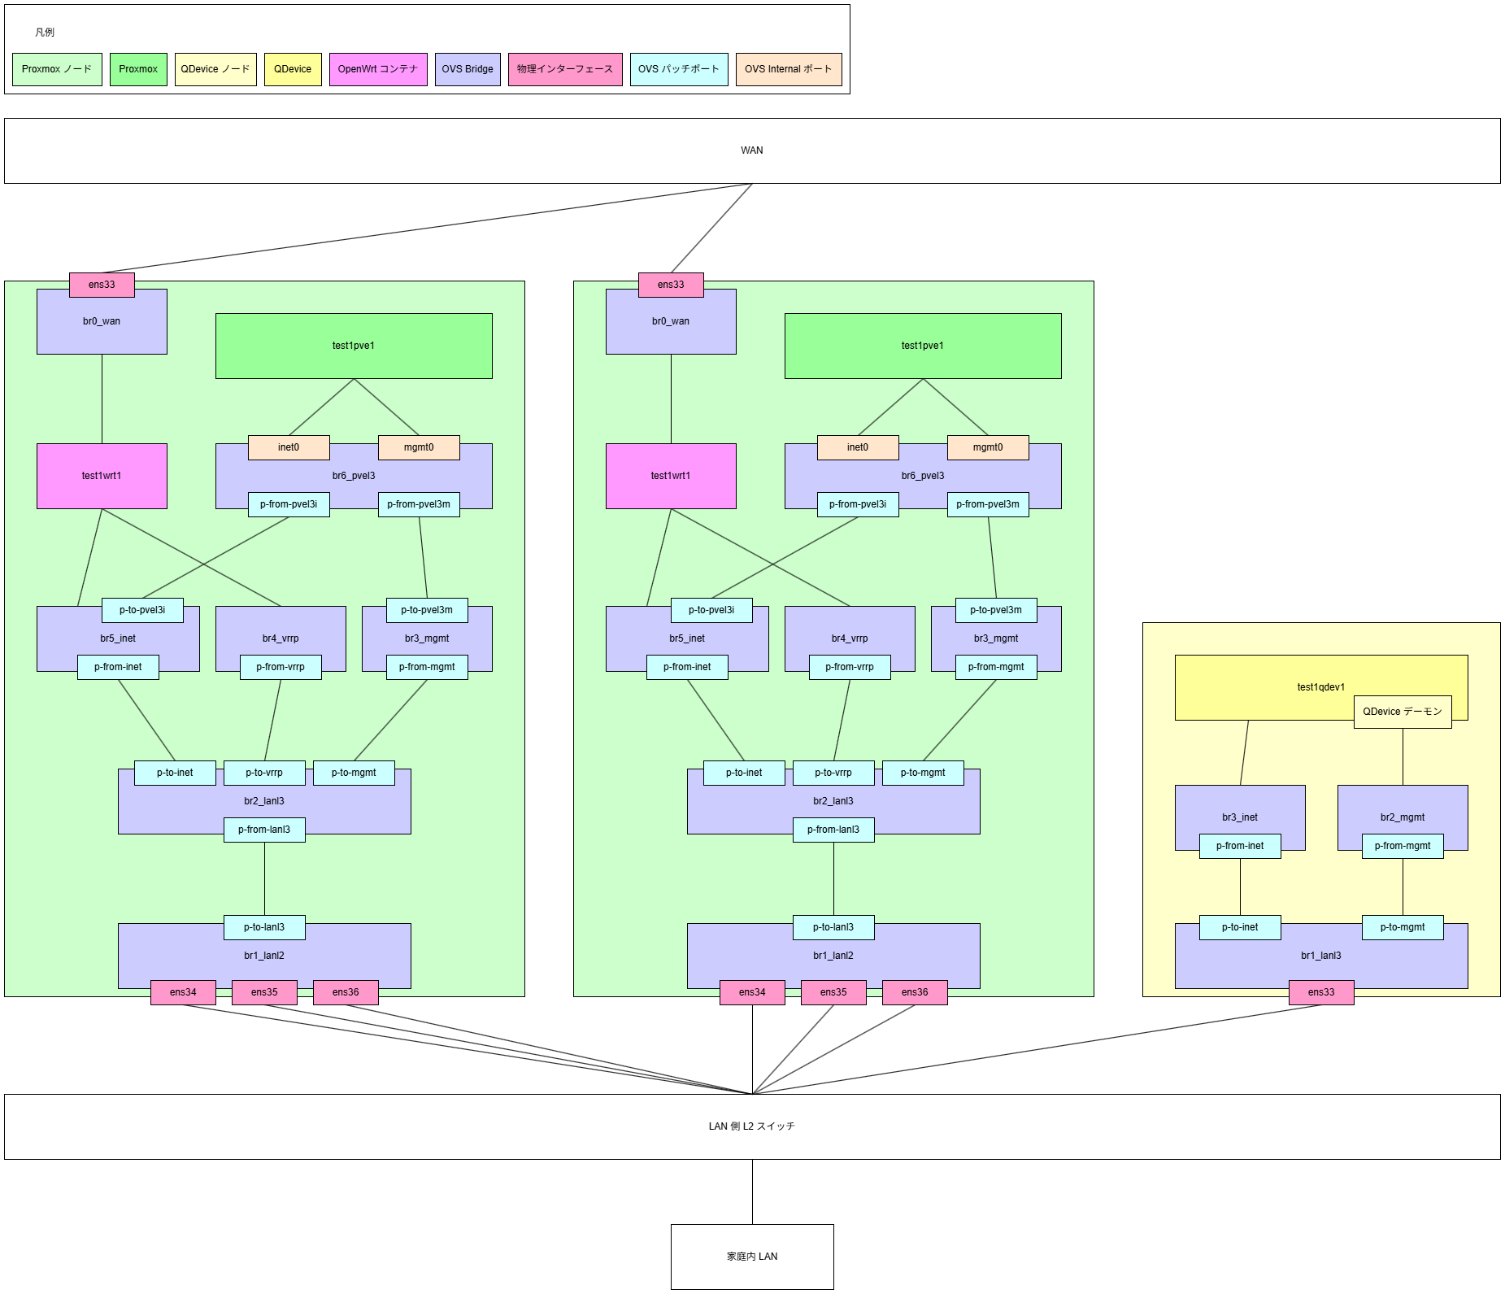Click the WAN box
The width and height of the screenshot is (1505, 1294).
point(751,150)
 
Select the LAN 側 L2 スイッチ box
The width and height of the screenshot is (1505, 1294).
point(751,1126)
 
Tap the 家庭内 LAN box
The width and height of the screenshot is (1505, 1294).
point(751,1257)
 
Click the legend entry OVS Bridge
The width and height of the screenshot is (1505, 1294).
point(468,69)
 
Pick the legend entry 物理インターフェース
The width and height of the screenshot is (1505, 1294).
point(565,69)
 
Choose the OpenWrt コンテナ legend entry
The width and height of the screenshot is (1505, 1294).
point(378,69)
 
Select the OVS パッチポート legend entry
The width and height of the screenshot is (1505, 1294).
point(679,69)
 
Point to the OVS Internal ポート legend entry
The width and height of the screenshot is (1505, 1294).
point(789,69)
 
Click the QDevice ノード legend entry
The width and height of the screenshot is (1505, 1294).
point(215,69)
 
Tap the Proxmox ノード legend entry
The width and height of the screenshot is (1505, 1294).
point(57,69)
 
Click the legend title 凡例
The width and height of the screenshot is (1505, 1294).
point(45,33)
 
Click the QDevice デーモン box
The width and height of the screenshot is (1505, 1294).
point(1403,712)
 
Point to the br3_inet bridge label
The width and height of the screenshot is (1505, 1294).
point(1240,817)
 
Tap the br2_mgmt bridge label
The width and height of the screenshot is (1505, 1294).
point(1403,817)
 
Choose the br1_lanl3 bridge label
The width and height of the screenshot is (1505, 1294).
point(1321,956)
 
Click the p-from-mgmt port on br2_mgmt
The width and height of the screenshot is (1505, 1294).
point(1403,846)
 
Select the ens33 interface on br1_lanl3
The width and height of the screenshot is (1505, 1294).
point(1321,992)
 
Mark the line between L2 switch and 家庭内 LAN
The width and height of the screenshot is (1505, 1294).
point(752,1192)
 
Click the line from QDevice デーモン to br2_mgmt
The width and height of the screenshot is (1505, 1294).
point(1403,756)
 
